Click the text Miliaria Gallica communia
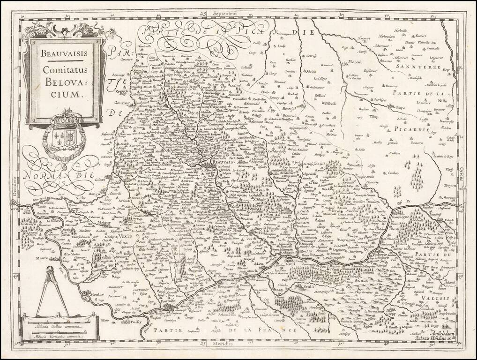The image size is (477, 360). tap(56, 325)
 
